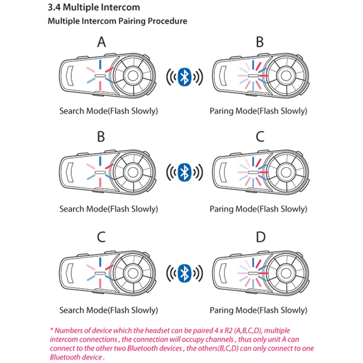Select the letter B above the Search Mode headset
(x=102, y=136)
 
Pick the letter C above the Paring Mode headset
(x=260, y=136)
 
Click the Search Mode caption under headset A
(x=108, y=111)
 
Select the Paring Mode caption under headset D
(x=258, y=310)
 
